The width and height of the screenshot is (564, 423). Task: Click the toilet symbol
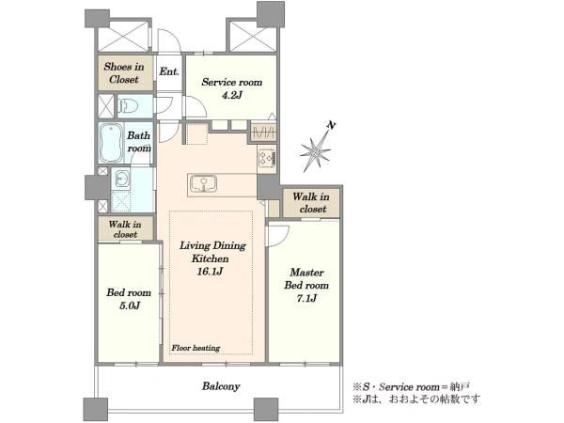point(129,105)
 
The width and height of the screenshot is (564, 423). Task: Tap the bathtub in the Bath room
point(111,143)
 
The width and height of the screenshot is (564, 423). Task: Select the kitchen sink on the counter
point(203,183)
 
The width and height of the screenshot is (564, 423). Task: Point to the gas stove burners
point(267,158)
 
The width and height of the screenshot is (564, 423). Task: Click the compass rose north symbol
point(317,149)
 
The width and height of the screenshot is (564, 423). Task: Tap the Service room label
point(232,82)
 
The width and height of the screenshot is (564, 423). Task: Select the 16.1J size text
point(210,272)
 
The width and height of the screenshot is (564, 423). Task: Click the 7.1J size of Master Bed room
point(306,298)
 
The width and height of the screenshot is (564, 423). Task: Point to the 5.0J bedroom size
point(129,305)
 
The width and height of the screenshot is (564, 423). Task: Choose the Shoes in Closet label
point(124,73)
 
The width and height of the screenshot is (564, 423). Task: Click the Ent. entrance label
point(169,71)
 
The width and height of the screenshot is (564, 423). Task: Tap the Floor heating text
point(196,348)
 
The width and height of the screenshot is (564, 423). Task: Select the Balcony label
point(221,386)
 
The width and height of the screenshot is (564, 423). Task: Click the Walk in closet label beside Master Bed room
point(311,202)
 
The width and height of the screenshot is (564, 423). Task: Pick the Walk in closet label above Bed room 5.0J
point(125,229)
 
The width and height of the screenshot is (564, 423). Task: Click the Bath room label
point(139,142)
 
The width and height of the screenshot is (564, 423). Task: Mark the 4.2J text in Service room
point(232,95)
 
